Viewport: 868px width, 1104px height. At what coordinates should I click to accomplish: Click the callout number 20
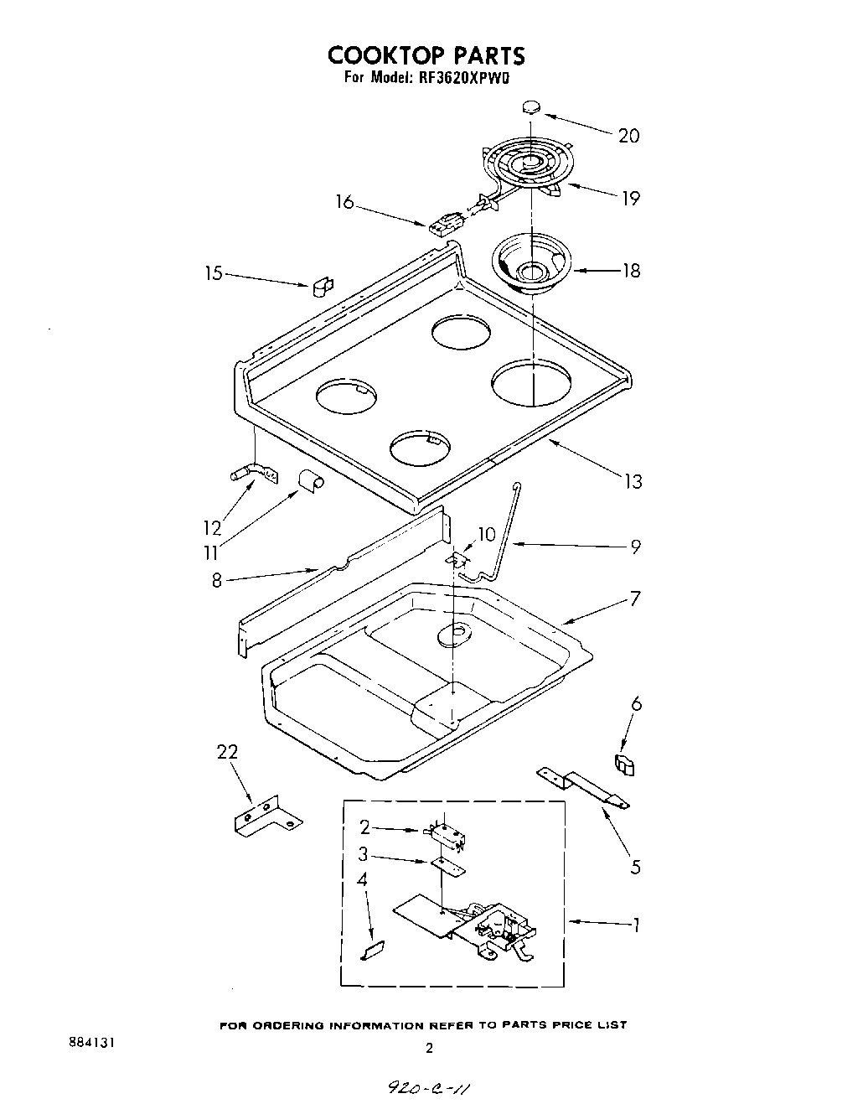[x=628, y=136]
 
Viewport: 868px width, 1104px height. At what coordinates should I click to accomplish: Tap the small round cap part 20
[x=531, y=106]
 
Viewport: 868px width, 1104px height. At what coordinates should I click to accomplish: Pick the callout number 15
[x=214, y=272]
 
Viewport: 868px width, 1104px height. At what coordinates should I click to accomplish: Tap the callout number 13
[x=633, y=481]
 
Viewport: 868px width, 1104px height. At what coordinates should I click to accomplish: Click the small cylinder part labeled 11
[x=310, y=480]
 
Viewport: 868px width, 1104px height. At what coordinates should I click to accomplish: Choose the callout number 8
[x=216, y=579]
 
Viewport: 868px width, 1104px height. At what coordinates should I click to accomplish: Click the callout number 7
[x=635, y=599]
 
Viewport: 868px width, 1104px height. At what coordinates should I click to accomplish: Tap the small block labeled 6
[x=625, y=765]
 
